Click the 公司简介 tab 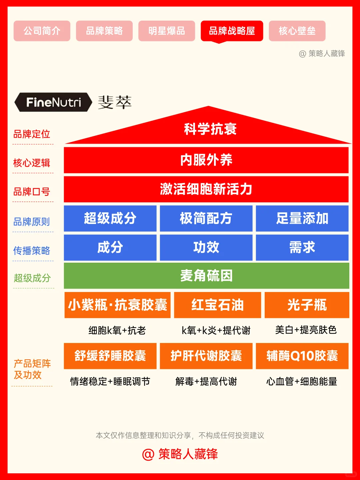point(42,31)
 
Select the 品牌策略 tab point(104,31)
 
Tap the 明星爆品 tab point(167,31)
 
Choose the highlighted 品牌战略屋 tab point(232,31)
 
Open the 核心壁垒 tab point(297,31)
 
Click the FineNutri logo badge point(53,102)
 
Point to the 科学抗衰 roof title point(210,129)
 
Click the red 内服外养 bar point(206,160)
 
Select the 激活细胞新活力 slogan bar point(206,189)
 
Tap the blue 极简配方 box point(206,218)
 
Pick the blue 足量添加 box point(302,218)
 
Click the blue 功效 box point(206,247)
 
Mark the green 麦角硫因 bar point(206,276)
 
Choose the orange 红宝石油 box point(217,305)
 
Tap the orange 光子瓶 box point(307,305)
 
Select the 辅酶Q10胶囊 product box point(302,356)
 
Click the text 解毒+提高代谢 point(206,381)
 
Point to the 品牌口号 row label point(32,192)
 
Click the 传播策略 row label point(32,250)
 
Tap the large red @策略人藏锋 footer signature point(180,454)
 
